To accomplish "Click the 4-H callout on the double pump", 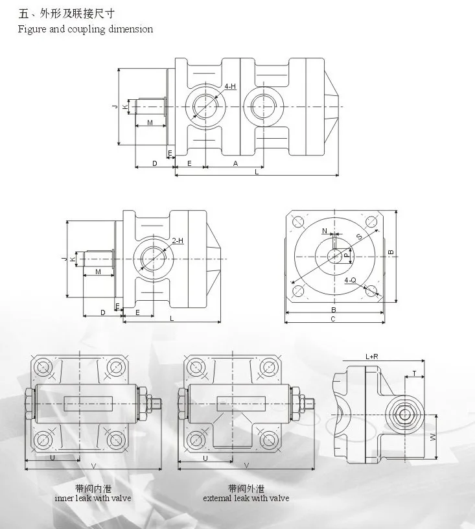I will pos(230,86).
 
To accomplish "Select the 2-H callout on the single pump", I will pos(178,241).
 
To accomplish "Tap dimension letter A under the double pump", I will pos(235,163).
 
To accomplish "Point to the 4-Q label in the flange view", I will pos(350,279).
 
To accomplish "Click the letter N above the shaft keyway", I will pos(325,231).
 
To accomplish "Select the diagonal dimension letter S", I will pos(359,237).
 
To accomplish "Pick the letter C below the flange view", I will pos(332,319).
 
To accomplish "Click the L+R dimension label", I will pos(373,357).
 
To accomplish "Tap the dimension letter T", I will pos(414,373).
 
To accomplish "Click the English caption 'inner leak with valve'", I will pos(93,498).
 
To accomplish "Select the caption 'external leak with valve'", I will pos(246,498).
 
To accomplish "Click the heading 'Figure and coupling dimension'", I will pos(85,29).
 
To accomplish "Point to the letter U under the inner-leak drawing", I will pos(52,458).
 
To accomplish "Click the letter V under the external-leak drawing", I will pos(246,465).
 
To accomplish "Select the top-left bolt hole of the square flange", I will pos(298,222).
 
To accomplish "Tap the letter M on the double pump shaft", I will pos(149,123).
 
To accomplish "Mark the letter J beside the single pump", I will pos(64,259).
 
